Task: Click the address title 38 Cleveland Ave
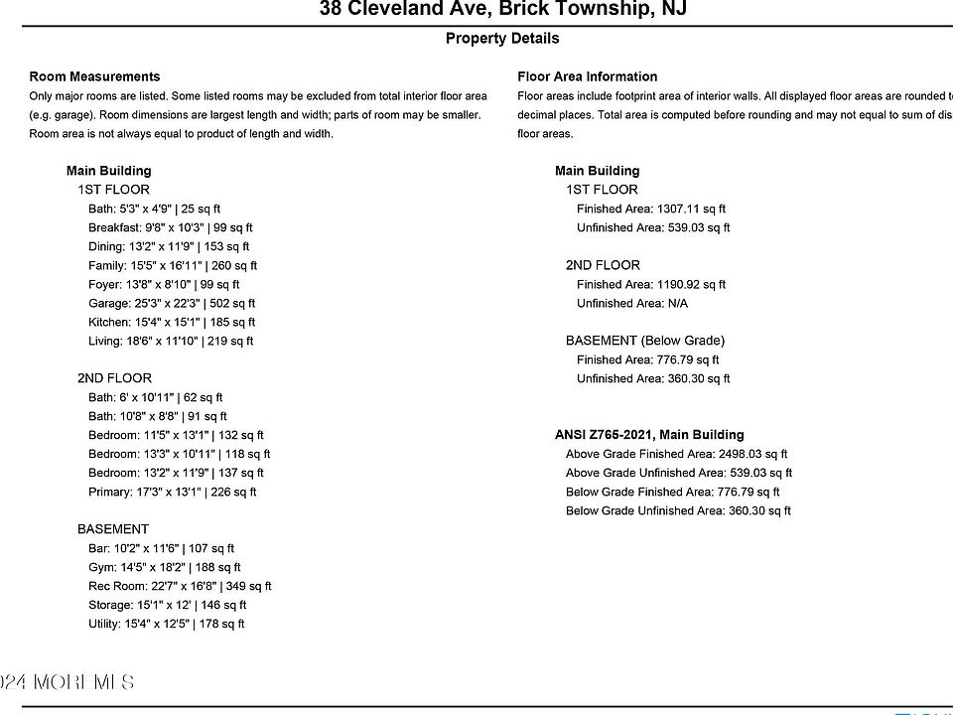pos(502,10)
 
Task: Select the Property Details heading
pos(502,39)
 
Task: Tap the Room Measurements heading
pos(94,76)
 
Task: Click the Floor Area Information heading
pos(587,76)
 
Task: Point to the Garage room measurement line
pos(172,304)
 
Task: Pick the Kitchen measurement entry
pos(172,323)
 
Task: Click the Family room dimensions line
pos(173,266)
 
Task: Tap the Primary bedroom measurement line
pos(173,493)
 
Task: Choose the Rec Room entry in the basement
pos(180,587)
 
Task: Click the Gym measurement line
pos(165,568)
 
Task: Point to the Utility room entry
pos(167,625)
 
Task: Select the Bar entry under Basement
pos(162,549)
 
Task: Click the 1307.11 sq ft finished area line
pos(651,210)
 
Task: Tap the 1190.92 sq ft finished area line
pos(651,285)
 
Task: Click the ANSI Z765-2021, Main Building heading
pos(649,435)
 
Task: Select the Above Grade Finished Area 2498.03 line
pos(676,455)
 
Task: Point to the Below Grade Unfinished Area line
pos(678,511)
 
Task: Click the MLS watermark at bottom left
pos(67,682)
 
